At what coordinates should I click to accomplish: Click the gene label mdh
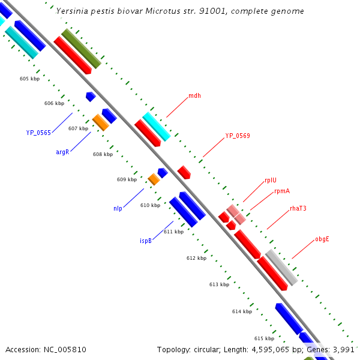pos(194,95)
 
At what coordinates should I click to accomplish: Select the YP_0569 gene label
pos(238,136)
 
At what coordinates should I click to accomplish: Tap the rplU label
pos(271,180)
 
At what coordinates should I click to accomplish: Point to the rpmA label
pos(282,191)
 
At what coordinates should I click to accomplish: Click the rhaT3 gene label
pos(298,209)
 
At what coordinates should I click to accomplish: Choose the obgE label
pos(322,239)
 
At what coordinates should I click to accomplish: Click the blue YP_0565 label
pos(38,133)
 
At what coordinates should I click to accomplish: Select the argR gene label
pos(62,152)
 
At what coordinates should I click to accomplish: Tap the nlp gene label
pos(118,209)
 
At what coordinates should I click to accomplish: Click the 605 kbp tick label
pos(29,79)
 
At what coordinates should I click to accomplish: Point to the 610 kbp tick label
pos(150,206)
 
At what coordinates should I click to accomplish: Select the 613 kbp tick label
pos(219,284)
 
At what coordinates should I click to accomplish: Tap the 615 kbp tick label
pos(264,338)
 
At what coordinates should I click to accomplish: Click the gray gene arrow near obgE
pos(281,268)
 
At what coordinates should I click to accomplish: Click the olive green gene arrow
pos(81,49)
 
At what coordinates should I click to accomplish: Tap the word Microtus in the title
pos(160,11)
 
